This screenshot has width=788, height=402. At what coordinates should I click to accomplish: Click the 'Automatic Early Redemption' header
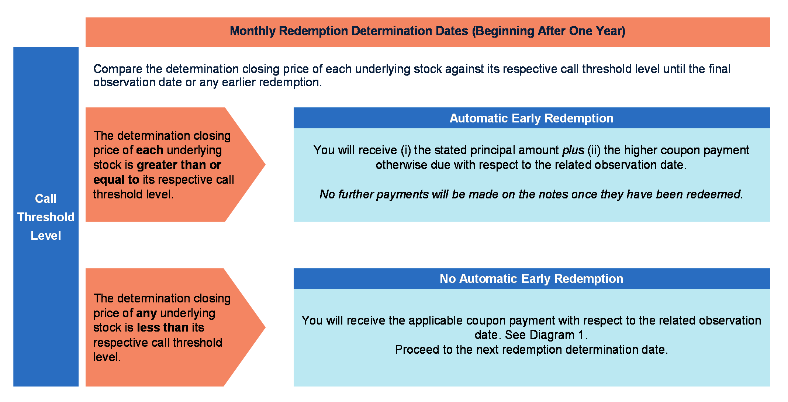(x=531, y=118)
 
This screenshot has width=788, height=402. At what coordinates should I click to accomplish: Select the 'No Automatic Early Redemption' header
(x=531, y=278)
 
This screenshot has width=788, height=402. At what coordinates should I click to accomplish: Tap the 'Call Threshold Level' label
(x=46, y=217)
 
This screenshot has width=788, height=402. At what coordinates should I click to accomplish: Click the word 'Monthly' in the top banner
(x=253, y=31)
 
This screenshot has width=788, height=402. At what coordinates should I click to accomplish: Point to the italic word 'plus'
(x=573, y=150)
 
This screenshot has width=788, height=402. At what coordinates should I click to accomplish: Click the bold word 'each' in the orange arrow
(x=149, y=150)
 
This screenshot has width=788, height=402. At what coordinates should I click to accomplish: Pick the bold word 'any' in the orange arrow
(x=146, y=313)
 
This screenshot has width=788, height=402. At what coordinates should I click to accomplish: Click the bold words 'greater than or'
(x=179, y=165)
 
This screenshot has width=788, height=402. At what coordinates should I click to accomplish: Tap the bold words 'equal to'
(x=116, y=180)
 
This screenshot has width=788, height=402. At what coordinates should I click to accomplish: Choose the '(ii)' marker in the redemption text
(x=594, y=150)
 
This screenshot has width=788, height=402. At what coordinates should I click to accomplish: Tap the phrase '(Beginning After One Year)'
(x=549, y=31)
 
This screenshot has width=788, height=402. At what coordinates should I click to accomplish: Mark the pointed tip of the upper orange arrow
(x=265, y=164)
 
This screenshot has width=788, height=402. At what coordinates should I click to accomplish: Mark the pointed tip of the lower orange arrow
(x=265, y=327)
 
